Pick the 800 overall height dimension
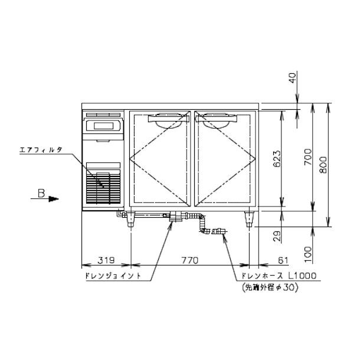[323, 166]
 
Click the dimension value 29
[277, 237]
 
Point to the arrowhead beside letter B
[54, 199]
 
